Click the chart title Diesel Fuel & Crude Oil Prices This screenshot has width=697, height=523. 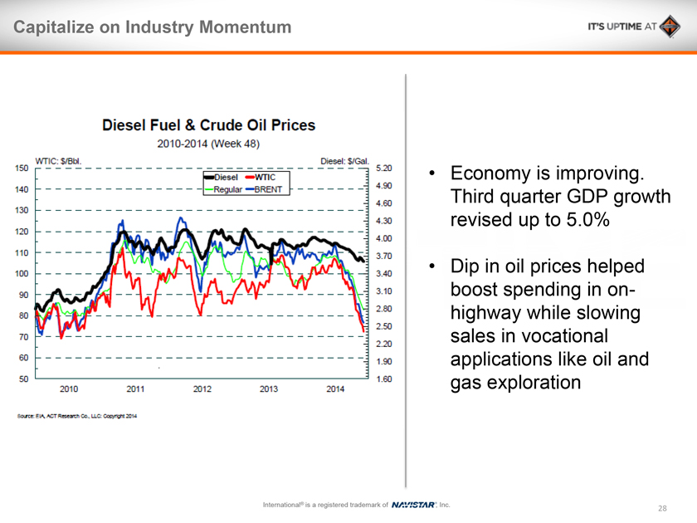(x=208, y=125)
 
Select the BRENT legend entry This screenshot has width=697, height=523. (x=269, y=189)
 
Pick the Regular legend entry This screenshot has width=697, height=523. (x=228, y=189)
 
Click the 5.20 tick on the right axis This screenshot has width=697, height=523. (x=384, y=168)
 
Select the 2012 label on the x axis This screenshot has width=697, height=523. (x=202, y=389)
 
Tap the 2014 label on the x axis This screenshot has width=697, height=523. (x=335, y=389)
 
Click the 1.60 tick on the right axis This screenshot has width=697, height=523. (x=384, y=379)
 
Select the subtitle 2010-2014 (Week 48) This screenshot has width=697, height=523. (x=208, y=143)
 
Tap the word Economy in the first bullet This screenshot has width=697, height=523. (x=494, y=174)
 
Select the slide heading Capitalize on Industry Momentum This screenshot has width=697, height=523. (x=152, y=27)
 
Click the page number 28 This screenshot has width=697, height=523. (x=662, y=508)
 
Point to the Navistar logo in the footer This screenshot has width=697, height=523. (x=413, y=505)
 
